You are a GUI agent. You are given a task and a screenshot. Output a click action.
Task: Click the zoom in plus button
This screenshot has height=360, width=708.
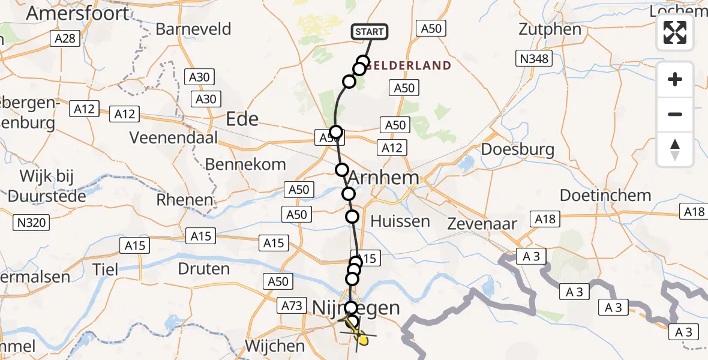tap(675, 79)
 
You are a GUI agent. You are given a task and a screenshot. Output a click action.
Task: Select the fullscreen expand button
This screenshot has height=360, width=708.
tap(675, 32)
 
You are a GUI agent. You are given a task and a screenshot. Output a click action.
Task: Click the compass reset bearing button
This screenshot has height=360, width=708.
tap(675, 149)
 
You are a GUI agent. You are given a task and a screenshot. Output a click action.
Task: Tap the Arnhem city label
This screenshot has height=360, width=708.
tap(391, 178)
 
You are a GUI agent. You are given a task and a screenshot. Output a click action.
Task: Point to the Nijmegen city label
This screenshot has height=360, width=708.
tap(356, 308)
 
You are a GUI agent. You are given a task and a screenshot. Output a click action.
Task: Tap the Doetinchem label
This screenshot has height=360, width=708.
tap(605, 195)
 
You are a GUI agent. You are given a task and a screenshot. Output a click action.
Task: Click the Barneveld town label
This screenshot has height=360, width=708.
tap(193, 29)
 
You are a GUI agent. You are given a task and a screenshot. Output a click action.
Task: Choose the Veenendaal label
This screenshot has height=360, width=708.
tap(173, 137)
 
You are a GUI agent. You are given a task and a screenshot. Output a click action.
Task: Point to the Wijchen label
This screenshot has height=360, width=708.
tap(275, 346)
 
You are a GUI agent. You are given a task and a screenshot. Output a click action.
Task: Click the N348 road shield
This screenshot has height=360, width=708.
tap(533, 58)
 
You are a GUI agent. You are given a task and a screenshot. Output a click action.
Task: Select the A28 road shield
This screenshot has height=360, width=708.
tap(64, 38)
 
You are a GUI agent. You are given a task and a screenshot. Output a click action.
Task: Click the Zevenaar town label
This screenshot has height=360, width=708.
tap(482, 224)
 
